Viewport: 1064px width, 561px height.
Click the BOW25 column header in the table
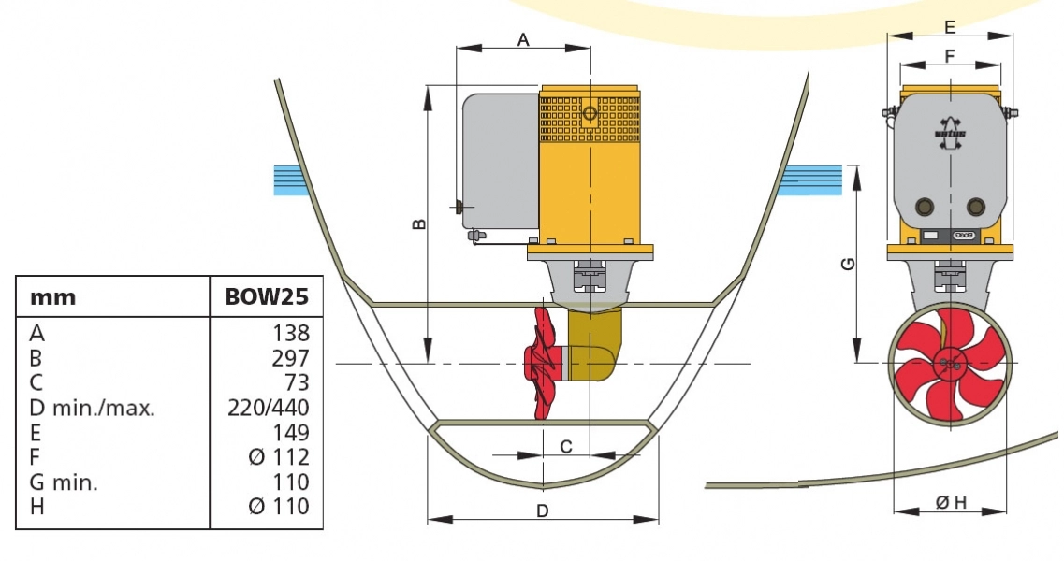click(267, 298)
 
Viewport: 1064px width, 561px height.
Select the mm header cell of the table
click(53, 298)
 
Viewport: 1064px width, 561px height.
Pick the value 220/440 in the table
click(269, 408)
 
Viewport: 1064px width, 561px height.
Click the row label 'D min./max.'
click(93, 408)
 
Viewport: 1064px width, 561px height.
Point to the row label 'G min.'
click(65, 482)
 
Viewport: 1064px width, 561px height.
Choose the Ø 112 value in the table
click(279, 457)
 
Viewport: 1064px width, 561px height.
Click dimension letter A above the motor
click(523, 39)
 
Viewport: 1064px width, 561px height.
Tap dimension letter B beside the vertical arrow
click(419, 223)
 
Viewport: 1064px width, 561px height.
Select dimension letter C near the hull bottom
click(566, 447)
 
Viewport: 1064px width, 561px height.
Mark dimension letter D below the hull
click(542, 511)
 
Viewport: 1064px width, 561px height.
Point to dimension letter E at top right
click(950, 26)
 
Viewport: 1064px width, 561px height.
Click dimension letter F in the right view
click(950, 56)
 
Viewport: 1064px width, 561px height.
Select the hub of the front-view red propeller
click(950, 363)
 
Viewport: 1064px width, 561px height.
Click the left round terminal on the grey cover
click(926, 207)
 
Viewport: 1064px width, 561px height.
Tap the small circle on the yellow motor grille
click(590, 114)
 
